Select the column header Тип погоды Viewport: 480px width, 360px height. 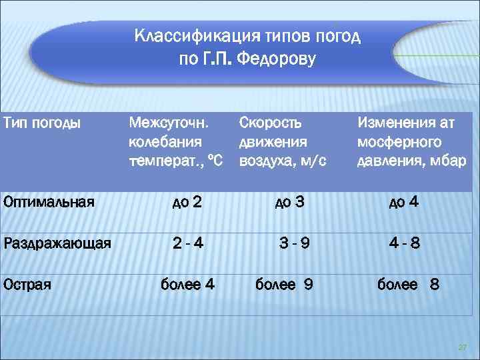tap(43, 123)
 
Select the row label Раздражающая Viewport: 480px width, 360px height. tap(57, 243)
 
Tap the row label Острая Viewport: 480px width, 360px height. tap(27, 285)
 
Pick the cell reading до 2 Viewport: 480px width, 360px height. tap(187, 202)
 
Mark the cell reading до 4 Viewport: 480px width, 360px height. tap(404, 202)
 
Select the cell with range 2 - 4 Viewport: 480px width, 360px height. tap(188, 243)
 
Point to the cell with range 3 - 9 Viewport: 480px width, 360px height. tap(294, 243)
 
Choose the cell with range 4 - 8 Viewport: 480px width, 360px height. tap(405, 243)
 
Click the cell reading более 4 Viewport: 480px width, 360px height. tap(187, 285)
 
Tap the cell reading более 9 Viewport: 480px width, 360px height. tap(285, 285)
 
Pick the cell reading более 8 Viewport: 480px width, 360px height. tap(408, 285)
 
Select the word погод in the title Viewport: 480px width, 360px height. tap(339, 36)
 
